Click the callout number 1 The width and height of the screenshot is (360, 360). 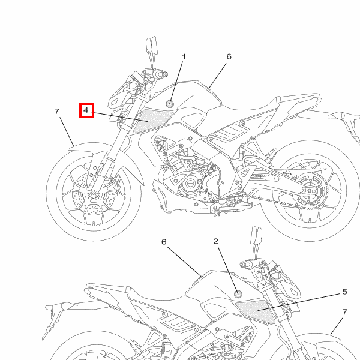184,56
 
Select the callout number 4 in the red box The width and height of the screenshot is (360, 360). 86,110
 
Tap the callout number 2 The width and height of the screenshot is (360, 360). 215,241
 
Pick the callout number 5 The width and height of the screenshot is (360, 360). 344,292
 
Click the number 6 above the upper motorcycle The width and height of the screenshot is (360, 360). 229,56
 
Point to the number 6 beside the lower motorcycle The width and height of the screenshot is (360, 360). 164,242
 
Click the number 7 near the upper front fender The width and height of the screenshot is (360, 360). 57,112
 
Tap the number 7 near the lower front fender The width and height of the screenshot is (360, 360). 344,312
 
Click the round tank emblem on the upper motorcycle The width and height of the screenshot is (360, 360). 170,104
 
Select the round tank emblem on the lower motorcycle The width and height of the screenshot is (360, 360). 238,293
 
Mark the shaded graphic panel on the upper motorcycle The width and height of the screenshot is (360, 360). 153,121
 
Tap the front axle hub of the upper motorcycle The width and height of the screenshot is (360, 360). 94,194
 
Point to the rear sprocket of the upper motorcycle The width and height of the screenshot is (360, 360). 310,191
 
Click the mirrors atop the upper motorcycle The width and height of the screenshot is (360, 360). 152,45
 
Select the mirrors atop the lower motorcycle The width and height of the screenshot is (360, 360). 256,236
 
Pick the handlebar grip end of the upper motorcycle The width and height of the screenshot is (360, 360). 164,74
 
